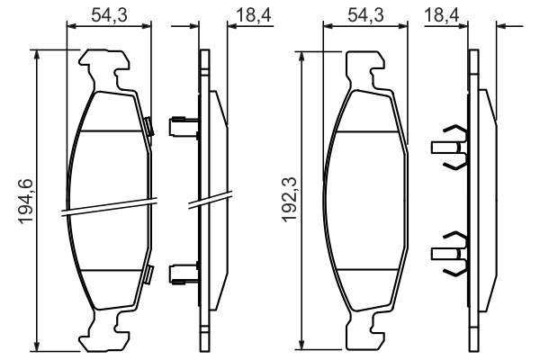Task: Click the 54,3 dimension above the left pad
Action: pyautogui.click(x=110, y=13)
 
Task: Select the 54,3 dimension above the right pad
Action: pyautogui.click(x=365, y=13)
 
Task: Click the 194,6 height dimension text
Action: pyautogui.click(x=25, y=202)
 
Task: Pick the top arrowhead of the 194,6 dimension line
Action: pyautogui.click(x=37, y=53)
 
